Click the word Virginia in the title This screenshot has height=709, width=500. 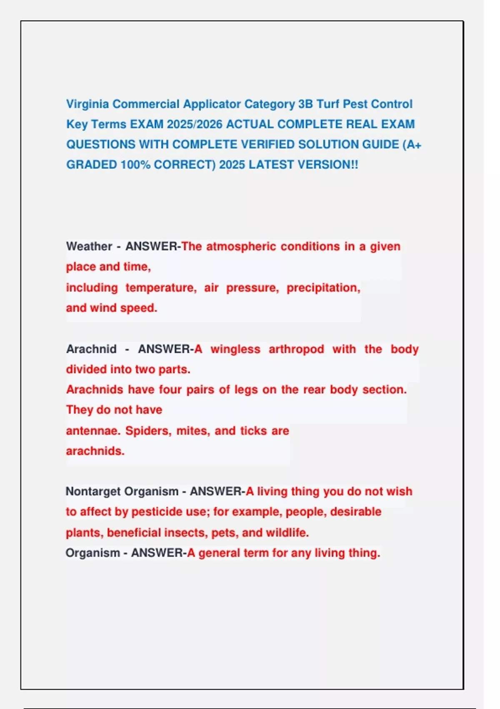pyautogui.click(x=87, y=104)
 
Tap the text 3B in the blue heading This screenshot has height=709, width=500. pyautogui.click(x=305, y=104)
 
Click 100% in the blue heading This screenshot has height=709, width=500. pyautogui.click(x=135, y=165)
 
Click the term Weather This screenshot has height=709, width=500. pyautogui.click(x=89, y=246)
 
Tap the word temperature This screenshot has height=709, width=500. pyautogui.click(x=161, y=288)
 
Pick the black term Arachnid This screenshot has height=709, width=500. pyautogui.click(x=91, y=349)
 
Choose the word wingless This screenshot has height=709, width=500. pyautogui.click(x=235, y=349)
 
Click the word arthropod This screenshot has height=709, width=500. pyautogui.click(x=296, y=349)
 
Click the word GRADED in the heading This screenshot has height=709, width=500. pyautogui.click(x=92, y=165)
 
